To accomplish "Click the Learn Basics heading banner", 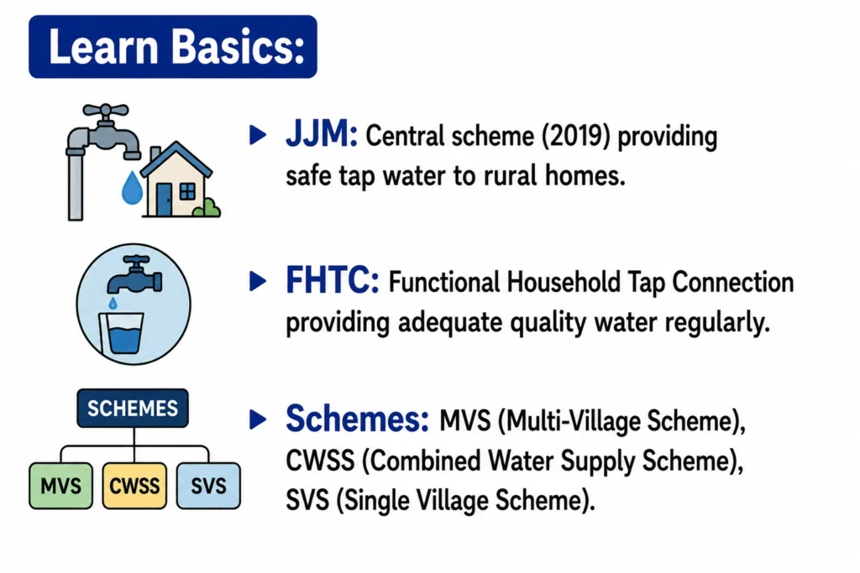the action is click(173, 47).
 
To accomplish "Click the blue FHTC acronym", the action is click(332, 280).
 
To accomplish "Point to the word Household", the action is click(564, 283).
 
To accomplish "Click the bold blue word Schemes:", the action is click(357, 419).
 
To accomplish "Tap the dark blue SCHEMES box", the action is click(133, 408).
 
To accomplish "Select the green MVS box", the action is click(60, 486).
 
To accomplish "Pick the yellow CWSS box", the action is click(134, 486).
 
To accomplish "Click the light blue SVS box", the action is click(208, 486).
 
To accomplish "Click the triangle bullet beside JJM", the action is click(257, 135).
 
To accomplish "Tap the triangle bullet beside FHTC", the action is click(257, 281).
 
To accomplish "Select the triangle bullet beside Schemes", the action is click(257, 419).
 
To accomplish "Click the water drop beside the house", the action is click(132, 189).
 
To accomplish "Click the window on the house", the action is click(187, 192).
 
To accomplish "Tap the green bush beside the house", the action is click(208, 207).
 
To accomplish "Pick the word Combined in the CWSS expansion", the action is click(421, 461).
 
